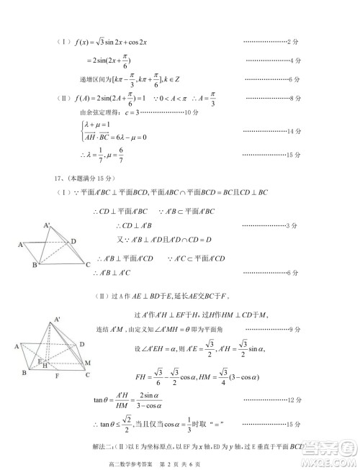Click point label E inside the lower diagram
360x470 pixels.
coord(40,357)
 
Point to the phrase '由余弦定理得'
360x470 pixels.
coord(94,113)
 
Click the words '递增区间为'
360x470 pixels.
coord(94,79)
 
